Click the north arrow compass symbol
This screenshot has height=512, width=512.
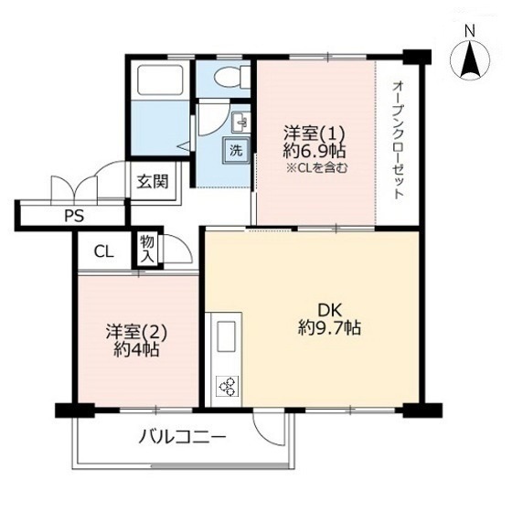470,60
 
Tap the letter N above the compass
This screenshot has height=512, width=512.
470,31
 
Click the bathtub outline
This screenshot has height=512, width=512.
160,80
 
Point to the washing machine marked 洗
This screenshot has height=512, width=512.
236,150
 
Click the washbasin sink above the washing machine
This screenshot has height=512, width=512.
240,123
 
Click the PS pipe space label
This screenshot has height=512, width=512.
74,216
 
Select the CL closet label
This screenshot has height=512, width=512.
103,251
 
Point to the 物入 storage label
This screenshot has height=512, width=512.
147,250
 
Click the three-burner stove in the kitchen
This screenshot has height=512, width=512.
228,386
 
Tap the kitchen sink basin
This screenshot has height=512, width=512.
227,336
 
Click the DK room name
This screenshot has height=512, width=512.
329,310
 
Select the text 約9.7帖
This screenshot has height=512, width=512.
329,327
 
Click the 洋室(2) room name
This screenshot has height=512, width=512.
136,332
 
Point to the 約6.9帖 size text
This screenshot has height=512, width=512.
315,151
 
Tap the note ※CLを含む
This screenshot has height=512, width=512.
316,168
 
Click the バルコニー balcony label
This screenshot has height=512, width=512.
183,437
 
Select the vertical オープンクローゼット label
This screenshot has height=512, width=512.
398,140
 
